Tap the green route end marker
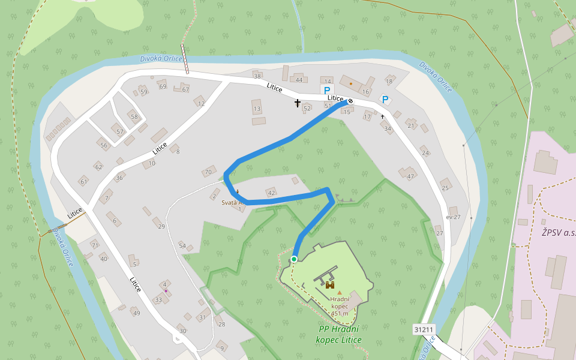(294, 259)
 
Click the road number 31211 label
(424, 329)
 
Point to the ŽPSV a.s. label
(558, 232)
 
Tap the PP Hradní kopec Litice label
(340, 334)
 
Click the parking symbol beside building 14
(327, 90)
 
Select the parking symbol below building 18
(385, 99)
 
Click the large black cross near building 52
(297, 104)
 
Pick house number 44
(299, 80)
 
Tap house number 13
(257, 109)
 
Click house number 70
(208, 172)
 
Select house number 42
(271, 193)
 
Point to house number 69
(162, 86)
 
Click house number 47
(410, 176)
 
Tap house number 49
(136, 313)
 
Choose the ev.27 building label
(453, 217)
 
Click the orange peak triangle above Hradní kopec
(339, 293)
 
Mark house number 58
(134, 116)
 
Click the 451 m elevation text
(340, 313)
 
